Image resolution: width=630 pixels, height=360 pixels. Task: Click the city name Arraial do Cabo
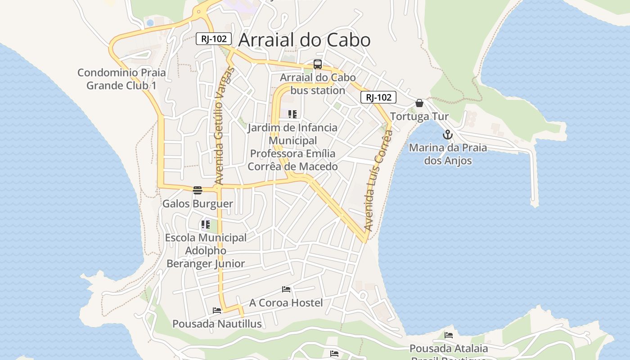pyautogui.click(x=304, y=40)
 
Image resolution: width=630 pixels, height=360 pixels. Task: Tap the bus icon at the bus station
pyautogui.click(x=318, y=64)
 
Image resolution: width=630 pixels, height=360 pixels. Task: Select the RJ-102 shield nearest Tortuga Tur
pyautogui.click(x=378, y=97)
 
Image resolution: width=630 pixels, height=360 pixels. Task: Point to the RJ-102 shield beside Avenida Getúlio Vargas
pyautogui.click(x=214, y=39)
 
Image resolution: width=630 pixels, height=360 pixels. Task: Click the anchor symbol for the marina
pyautogui.click(x=447, y=135)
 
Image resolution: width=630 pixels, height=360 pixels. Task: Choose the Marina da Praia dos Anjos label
pyautogui.click(x=448, y=154)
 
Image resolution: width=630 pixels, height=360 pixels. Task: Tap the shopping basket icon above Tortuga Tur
pyautogui.click(x=419, y=103)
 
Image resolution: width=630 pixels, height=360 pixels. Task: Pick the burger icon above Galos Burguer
pyautogui.click(x=198, y=190)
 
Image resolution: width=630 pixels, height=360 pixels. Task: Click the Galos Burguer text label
pyautogui.click(x=198, y=204)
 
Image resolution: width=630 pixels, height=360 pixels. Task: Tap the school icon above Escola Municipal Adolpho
pyautogui.click(x=206, y=224)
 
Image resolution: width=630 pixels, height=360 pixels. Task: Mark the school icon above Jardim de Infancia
pyautogui.click(x=292, y=114)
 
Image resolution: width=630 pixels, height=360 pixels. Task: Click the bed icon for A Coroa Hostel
pyautogui.click(x=286, y=289)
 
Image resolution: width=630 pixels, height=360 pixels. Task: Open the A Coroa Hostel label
pyautogui.click(x=286, y=303)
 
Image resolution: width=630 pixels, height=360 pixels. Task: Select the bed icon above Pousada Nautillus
pyautogui.click(x=217, y=310)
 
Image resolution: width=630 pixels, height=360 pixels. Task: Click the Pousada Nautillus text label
pyautogui.click(x=217, y=324)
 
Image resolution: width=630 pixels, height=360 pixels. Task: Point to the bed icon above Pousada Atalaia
pyautogui.click(x=449, y=335)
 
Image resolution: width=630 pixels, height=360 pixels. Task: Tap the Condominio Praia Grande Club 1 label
pyautogui.click(x=121, y=79)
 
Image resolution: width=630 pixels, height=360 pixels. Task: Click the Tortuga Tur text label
pyautogui.click(x=419, y=117)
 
